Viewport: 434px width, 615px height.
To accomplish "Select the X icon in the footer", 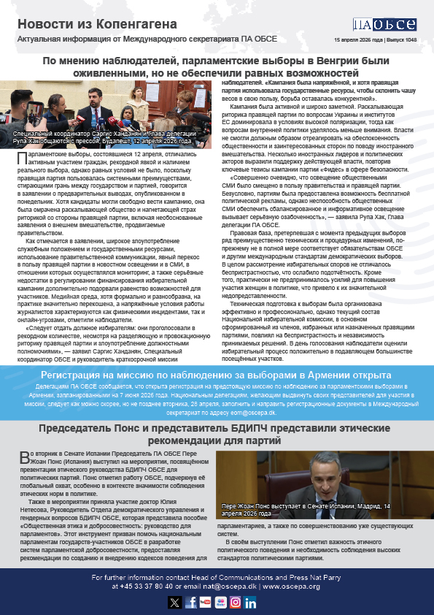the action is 174,602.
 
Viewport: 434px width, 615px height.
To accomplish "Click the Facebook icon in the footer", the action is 190,602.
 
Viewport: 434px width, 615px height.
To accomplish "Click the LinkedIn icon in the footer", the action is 250,602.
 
